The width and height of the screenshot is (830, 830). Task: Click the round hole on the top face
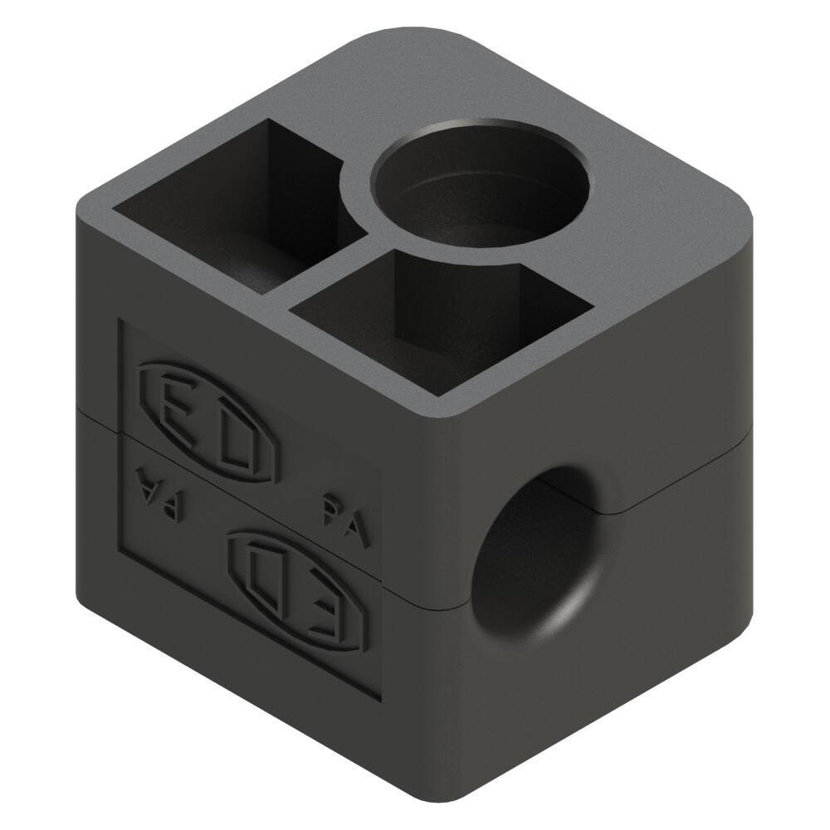pyautogui.click(x=480, y=189)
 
